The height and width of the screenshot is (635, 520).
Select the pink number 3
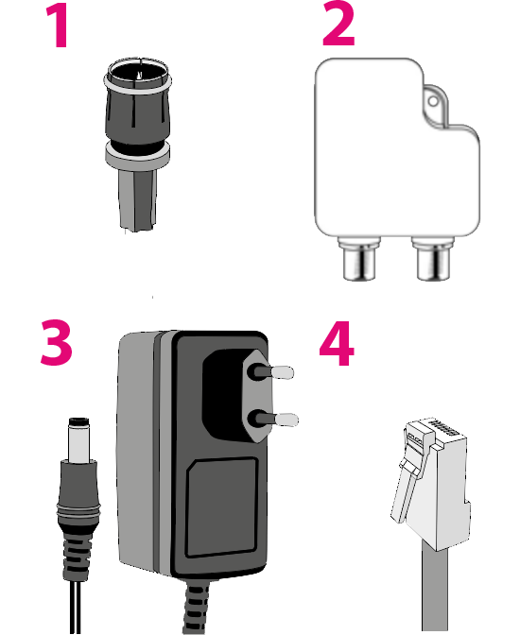[57, 342]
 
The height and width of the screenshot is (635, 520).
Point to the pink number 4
[337, 343]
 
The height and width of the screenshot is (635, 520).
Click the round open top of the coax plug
[138, 74]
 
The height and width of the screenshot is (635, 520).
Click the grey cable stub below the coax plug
[138, 199]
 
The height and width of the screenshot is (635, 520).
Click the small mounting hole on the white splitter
[433, 101]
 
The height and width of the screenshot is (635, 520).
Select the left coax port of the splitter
[359, 259]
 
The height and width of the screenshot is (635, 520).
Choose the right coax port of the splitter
[433, 259]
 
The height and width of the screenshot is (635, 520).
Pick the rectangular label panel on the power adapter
[222, 507]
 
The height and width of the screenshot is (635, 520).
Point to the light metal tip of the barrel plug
[79, 439]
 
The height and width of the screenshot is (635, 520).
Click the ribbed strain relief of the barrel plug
[77, 552]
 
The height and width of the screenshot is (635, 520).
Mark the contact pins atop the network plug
[444, 428]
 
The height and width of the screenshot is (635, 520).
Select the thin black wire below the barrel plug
[77, 608]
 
